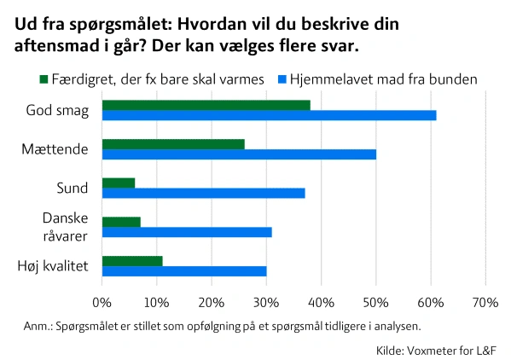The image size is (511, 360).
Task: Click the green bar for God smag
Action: click(x=206, y=105)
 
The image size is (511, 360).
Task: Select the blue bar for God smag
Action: click(x=269, y=115)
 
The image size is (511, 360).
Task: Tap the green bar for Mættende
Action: click(x=173, y=144)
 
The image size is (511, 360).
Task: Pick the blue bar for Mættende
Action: click(x=239, y=154)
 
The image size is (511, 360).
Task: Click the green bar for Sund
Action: click(x=119, y=183)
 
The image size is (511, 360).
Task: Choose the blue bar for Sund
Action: click(x=203, y=193)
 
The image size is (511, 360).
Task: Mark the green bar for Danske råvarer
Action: click(x=121, y=222)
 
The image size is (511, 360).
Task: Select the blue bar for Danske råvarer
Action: click(x=187, y=232)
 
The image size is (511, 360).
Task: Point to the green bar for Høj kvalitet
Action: click(x=132, y=261)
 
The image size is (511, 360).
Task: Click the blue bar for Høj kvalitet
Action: click(x=184, y=271)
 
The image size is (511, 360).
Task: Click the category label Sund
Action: click(x=72, y=188)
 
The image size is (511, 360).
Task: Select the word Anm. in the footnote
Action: click(x=38, y=326)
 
